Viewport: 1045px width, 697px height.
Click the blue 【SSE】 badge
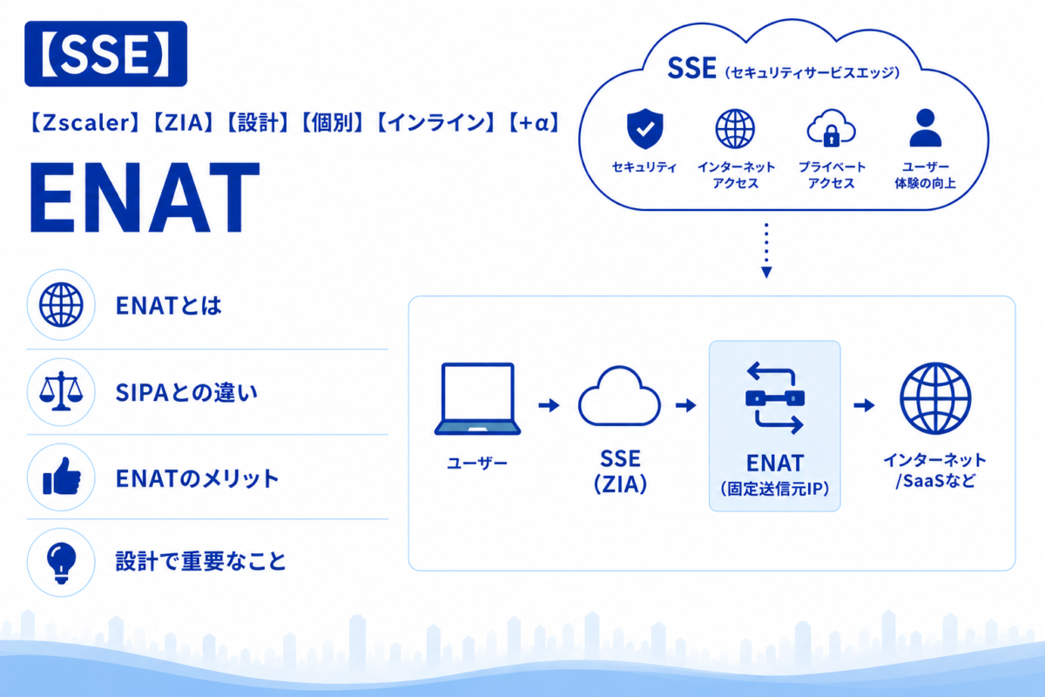coord(106,54)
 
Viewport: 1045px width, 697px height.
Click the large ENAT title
coord(145,198)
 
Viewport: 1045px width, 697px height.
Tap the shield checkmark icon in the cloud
coord(644,129)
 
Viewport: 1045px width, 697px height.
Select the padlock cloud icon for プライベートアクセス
coord(831,128)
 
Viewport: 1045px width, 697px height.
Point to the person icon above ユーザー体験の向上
coord(926,128)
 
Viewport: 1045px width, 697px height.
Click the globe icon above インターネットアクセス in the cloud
coord(735,129)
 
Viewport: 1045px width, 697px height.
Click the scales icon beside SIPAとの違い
coord(61,391)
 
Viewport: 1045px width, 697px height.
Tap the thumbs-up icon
coord(62,477)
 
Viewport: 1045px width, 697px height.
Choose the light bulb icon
coord(61,563)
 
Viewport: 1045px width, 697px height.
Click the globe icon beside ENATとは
coord(61,305)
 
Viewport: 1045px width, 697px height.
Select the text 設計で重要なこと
coord(200,562)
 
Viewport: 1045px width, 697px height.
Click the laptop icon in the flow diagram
coord(477,399)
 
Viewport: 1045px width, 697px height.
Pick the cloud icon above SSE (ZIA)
coord(619,396)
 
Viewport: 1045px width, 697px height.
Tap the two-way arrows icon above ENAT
coord(775,398)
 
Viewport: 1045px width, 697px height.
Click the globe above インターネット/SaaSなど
coord(935,398)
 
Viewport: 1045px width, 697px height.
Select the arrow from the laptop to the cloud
coord(549,405)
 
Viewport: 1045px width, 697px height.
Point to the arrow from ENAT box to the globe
coord(864,405)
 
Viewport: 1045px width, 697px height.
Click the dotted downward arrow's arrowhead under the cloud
coord(766,272)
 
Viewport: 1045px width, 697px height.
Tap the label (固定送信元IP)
coord(775,489)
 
